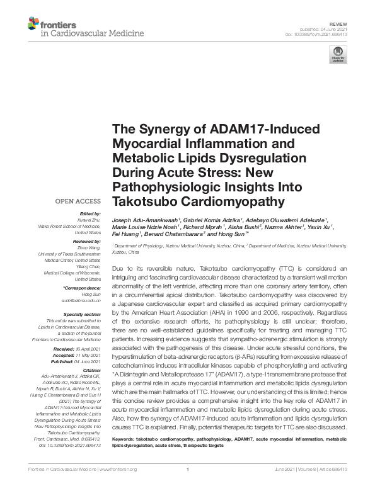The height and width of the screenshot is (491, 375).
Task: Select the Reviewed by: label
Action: [x=88, y=241]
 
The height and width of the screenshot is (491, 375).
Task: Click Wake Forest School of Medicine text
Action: [x=69, y=225]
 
